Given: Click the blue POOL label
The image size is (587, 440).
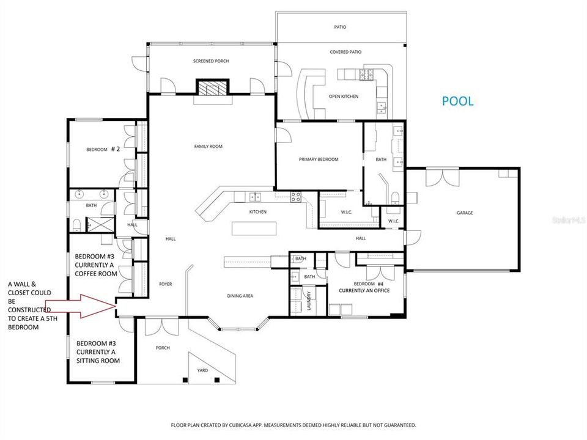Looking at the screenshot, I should pyautogui.click(x=457, y=101).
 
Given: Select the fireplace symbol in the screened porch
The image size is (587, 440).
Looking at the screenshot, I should pyautogui.click(x=212, y=90).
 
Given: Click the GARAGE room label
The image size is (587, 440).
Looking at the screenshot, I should pyautogui.click(x=465, y=213).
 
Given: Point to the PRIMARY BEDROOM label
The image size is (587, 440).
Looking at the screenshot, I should pyautogui.click(x=319, y=159).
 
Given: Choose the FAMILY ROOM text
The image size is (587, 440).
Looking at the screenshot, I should pyautogui.click(x=208, y=147).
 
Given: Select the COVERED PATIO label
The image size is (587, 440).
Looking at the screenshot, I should pyautogui.click(x=346, y=52).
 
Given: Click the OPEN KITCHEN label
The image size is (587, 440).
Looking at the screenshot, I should pyautogui.click(x=343, y=97).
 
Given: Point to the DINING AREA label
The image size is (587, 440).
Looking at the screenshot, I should pyautogui.click(x=240, y=296).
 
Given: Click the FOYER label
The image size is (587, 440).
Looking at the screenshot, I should pyautogui.click(x=165, y=284).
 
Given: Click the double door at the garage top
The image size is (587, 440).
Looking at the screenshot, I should pyautogui.click(x=442, y=177).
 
